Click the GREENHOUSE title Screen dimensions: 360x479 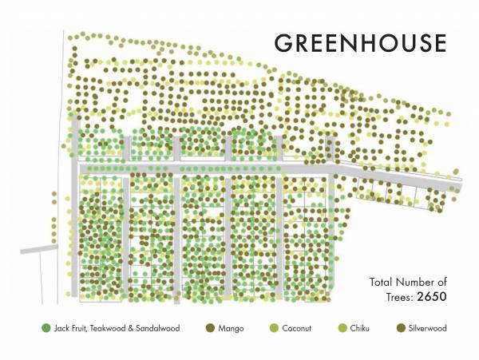(x=360, y=42)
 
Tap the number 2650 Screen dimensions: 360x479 (x=429, y=297)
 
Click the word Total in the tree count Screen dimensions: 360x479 (x=383, y=282)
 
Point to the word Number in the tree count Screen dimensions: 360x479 (x=419, y=282)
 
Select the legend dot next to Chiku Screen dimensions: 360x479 (x=343, y=328)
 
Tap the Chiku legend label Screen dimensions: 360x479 (x=363, y=328)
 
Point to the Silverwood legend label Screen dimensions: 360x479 (x=429, y=328)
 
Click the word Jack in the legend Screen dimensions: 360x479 (x=61, y=328)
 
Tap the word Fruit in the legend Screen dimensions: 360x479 (x=78, y=328)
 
